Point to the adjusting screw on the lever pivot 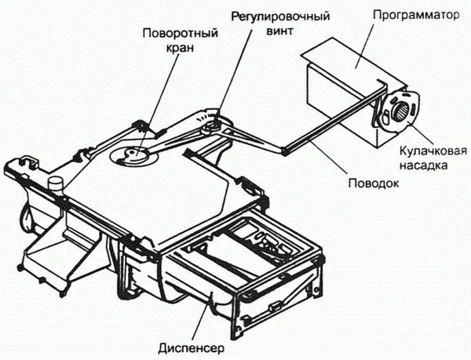210,125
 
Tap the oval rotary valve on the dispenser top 130,154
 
